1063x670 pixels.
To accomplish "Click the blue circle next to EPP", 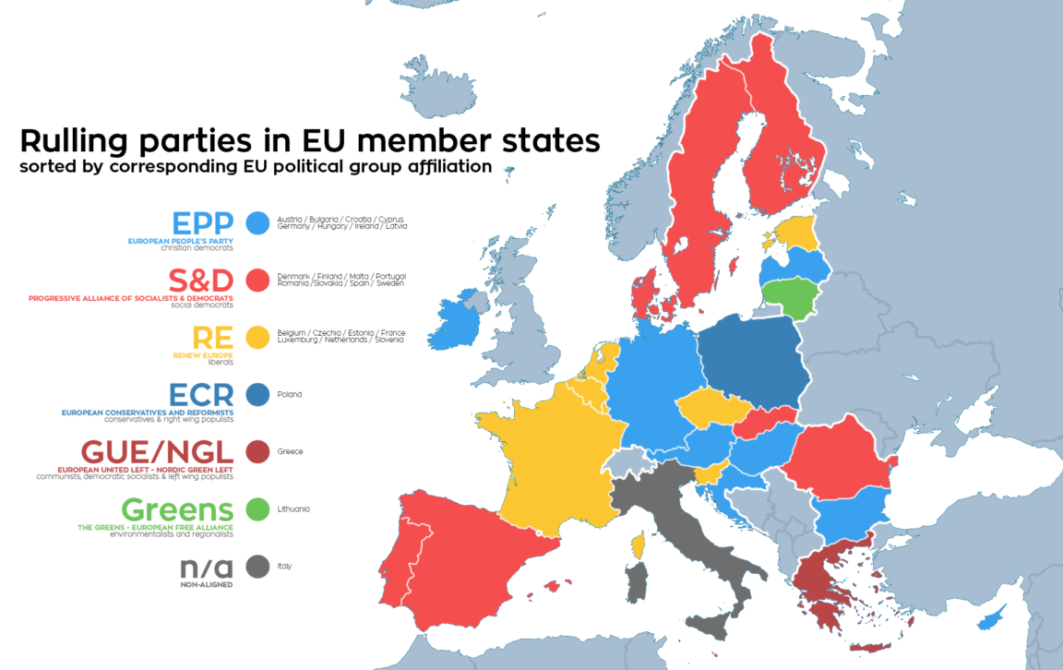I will coord(258,222).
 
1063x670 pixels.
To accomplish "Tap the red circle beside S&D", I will coord(258,280).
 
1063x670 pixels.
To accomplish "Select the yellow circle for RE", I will coord(258,337).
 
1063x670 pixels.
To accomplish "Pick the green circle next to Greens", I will coord(258,508).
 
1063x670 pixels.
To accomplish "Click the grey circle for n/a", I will coord(258,566).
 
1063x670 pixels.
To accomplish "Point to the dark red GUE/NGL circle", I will coord(258,451).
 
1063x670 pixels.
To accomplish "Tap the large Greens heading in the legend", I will coord(177,509).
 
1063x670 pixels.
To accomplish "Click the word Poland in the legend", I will coord(290,395).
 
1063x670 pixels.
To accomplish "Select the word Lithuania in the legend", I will coord(293,509).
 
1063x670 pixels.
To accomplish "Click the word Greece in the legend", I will coord(291,452).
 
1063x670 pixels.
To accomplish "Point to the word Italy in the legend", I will coord(284,567).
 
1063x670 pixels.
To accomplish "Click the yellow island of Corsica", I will coord(637,545).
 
